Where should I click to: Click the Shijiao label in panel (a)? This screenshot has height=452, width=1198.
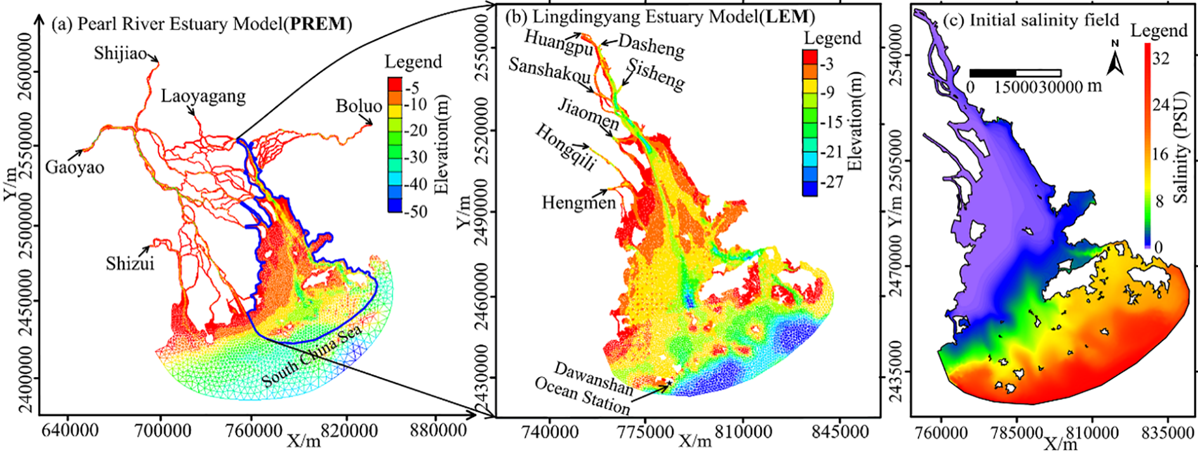[120, 53]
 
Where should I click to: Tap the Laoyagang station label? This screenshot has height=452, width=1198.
[203, 96]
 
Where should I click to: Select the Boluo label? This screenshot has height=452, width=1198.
[359, 106]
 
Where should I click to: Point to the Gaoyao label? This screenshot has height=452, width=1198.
[75, 168]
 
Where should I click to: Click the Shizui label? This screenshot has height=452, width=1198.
[130, 263]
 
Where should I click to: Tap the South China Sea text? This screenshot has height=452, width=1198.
[312, 356]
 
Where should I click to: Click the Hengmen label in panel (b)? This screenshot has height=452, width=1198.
[579, 203]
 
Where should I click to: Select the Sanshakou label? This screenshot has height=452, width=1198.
[550, 70]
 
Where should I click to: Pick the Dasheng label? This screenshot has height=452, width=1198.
[651, 46]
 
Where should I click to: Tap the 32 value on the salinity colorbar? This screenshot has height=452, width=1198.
[1161, 58]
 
